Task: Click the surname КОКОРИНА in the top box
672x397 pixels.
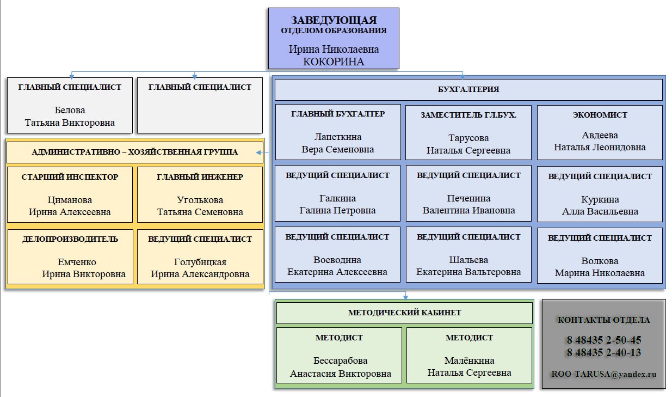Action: tap(334, 62)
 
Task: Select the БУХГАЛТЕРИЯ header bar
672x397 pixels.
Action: tap(468, 89)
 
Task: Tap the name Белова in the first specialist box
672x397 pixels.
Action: tap(70, 111)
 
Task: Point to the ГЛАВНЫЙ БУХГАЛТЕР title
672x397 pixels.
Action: tap(338, 114)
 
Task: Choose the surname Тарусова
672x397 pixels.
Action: tap(468, 138)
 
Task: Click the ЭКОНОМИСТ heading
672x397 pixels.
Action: tap(600, 115)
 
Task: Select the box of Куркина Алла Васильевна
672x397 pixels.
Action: tap(600, 194)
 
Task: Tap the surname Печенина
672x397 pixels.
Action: tap(468, 198)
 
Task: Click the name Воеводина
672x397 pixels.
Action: tap(337, 260)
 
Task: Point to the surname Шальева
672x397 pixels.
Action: tap(468, 260)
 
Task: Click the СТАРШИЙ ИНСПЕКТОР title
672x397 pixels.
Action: tap(70, 177)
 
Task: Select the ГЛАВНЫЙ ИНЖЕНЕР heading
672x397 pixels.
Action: tap(200, 177)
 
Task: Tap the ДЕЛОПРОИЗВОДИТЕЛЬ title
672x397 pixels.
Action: tap(70, 239)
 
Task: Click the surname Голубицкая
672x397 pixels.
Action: tap(200, 262)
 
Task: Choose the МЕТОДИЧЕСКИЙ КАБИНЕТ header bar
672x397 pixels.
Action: tap(404, 313)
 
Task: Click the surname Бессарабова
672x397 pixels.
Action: tap(340, 361)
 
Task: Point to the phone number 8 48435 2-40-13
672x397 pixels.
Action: tap(603, 352)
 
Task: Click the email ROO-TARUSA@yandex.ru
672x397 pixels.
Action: tap(603, 374)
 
